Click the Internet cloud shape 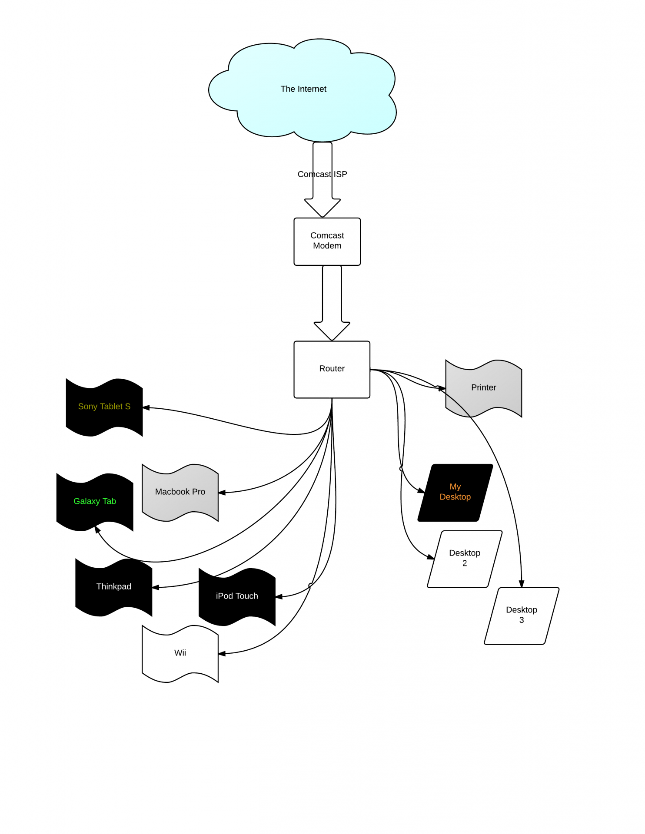click(303, 89)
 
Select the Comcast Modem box click(327, 241)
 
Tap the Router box click(332, 369)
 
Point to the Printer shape click(483, 388)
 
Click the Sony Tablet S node click(104, 407)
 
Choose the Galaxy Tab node click(94, 502)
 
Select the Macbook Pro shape click(180, 492)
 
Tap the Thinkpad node click(113, 587)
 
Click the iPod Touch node click(237, 596)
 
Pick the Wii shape click(180, 653)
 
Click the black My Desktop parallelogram click(455, 492)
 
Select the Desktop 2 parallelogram click(465, 559)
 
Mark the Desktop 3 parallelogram click(522, 616)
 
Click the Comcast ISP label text click(322, 175)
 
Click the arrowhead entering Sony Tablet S click(146, 408)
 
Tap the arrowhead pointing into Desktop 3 click(522, 584)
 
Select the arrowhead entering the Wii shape click(222, 653)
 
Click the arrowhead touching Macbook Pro click(222, 493)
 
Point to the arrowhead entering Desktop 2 click(430, 557)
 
